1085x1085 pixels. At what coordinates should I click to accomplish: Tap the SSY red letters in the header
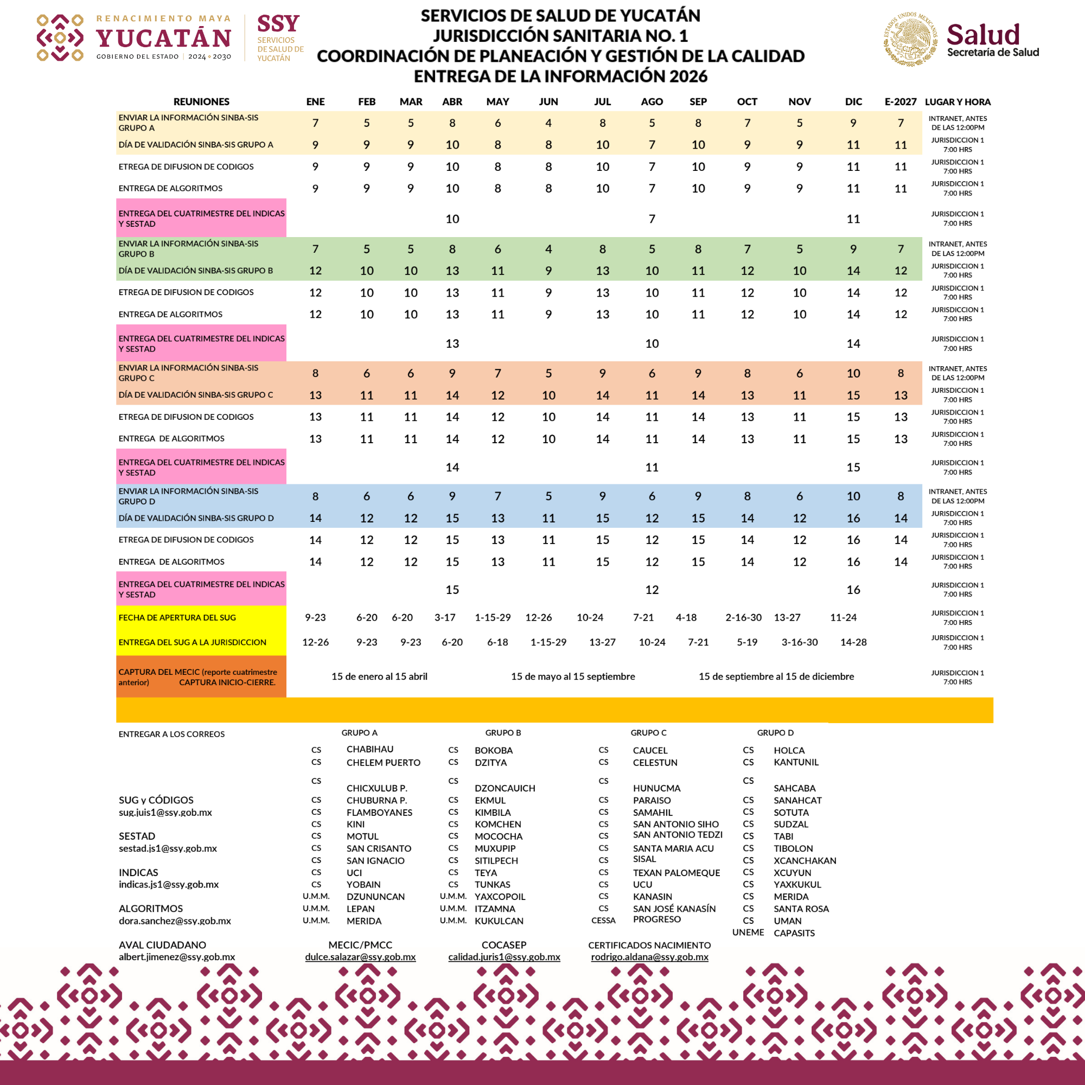(x=278, y=24)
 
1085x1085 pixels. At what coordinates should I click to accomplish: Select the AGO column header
(x=652, y=101)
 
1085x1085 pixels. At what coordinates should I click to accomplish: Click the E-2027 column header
(x=900, y=101)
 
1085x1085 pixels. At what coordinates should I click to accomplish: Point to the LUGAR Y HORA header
(x=958, y=101)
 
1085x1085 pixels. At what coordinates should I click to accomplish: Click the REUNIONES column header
(x=201, y=101)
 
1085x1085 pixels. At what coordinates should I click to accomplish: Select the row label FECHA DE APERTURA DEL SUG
(x=177, y=617)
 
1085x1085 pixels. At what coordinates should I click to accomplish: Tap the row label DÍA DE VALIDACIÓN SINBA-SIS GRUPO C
(x=195, y=395)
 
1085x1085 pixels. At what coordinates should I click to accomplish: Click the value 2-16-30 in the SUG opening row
(x=744, y=617)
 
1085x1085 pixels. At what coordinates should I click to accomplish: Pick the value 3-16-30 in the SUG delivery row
(x=800, y=642)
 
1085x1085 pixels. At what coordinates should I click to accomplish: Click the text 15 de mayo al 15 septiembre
(x=573, y=676)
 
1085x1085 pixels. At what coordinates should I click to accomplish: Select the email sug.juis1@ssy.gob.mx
(x=165, y=812)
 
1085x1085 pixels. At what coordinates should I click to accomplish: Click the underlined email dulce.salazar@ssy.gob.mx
(x=360, y=956)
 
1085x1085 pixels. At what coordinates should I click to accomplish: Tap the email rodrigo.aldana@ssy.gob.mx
(x=649, y=956)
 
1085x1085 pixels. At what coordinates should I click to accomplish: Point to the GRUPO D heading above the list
(x=775, y=732)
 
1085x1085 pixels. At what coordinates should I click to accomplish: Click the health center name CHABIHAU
(x=369, y=749)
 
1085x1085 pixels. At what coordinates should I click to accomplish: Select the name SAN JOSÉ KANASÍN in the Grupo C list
(x=674, y=909)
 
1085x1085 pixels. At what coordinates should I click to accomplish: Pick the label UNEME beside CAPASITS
(x=748, y=932)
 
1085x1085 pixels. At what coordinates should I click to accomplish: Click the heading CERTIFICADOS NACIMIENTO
(x=649, y=945)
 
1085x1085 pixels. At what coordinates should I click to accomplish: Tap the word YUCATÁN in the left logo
(x=163, y=38)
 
